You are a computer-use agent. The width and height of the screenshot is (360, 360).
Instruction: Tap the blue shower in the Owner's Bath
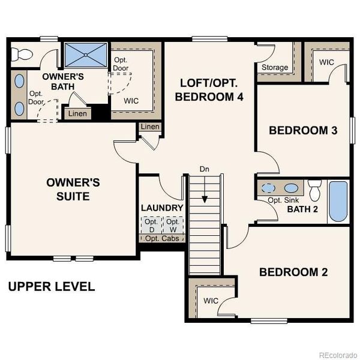[85, 55]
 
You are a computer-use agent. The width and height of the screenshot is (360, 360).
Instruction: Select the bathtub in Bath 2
[338, 202]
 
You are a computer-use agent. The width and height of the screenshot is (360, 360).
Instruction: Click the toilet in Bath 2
[315, 191]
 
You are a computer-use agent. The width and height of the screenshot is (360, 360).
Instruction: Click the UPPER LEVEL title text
[52, 287]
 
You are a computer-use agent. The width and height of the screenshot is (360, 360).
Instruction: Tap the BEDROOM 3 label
[302, 131]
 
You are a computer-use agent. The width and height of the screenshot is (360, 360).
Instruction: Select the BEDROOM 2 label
[293, 272]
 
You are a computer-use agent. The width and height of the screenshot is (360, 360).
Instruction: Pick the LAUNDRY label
[162, 208]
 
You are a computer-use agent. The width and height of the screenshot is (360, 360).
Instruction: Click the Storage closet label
[275, 67]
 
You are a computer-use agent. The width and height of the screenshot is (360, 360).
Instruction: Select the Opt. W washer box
[173, 226]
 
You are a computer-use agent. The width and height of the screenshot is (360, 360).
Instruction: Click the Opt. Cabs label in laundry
[161, 238]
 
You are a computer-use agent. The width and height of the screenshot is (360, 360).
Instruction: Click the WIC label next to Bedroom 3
[326, 62]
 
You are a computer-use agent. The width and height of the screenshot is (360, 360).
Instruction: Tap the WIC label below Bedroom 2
[210, 300]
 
